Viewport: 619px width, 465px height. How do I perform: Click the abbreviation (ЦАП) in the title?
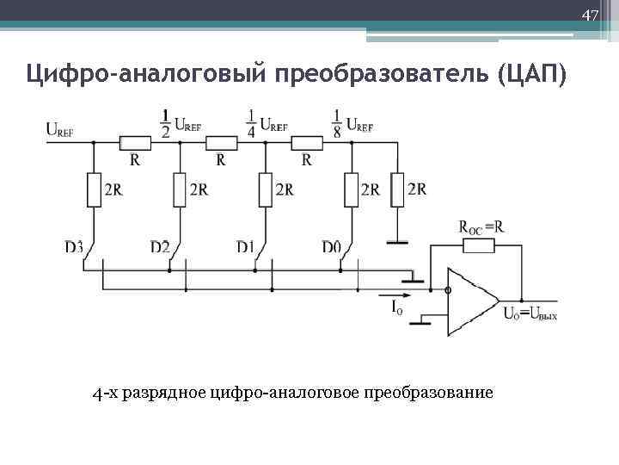(531, 75)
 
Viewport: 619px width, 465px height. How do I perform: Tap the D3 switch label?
(74, 247)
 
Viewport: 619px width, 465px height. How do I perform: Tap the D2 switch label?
(159, 247)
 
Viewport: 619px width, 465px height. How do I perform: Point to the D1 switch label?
(245, 247)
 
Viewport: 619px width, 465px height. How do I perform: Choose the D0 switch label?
(331, 247)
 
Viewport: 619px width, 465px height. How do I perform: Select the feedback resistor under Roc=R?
(478, 246)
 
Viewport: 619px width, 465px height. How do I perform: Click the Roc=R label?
(481, 227)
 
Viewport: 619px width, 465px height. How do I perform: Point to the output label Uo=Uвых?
(530, 313)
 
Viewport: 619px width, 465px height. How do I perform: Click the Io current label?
(397, 307)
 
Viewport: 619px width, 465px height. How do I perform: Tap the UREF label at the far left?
(59, 130)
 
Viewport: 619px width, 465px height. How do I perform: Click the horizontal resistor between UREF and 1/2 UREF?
(136, 142)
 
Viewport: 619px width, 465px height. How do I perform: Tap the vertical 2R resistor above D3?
(94, 189)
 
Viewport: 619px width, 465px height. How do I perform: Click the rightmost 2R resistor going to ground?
(397, 189)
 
